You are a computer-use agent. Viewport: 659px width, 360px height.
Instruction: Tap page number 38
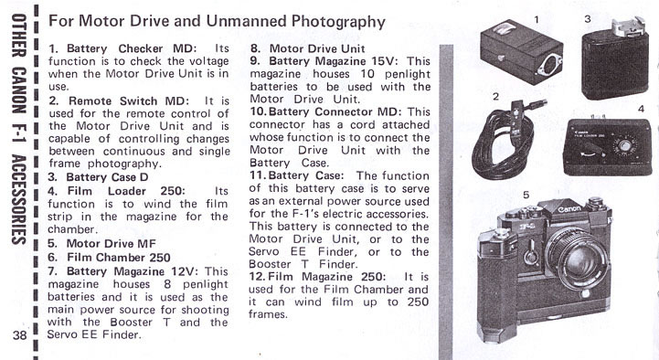click(x=19, y=334)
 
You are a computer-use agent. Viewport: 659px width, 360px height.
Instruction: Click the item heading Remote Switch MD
click(x=129, y=101)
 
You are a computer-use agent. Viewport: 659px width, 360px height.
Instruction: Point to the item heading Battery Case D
click(x=107, y=177)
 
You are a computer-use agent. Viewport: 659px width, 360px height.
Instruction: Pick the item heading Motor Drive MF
click(x=111, y=244)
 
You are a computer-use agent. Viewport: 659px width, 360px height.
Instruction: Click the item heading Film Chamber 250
click(x=119, y=257)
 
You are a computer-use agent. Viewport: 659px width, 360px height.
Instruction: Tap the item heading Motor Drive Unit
click(x=317, y=48)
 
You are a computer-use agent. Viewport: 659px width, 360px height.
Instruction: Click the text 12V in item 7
click(x=184, y=271)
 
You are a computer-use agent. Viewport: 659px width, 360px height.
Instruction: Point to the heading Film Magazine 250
click(x=326, y=277)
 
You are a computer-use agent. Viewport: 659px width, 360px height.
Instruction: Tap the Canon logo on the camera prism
click(x=569, y=208)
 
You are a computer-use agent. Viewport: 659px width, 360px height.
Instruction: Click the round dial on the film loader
click(x=624, y=146)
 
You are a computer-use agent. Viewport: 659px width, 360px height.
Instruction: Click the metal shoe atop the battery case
click(x=628, y=26)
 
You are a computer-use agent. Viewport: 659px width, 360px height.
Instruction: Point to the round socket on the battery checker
click(x=548, y=65)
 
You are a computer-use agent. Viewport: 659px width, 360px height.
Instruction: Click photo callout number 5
click(x=526, y=195)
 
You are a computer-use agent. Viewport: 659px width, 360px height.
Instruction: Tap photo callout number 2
click(x=496, y=97)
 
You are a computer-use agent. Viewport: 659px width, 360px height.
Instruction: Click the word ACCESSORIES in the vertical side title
click(x=18, y=200)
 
